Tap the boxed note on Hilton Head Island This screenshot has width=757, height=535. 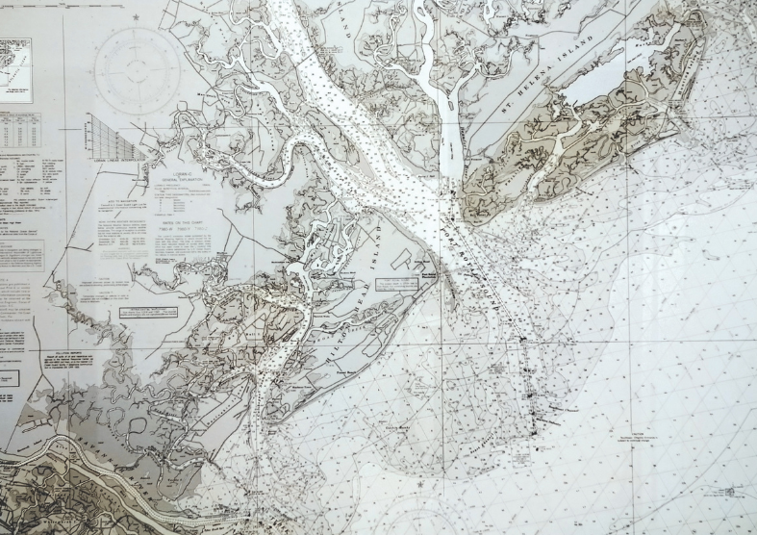pos(395,284)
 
